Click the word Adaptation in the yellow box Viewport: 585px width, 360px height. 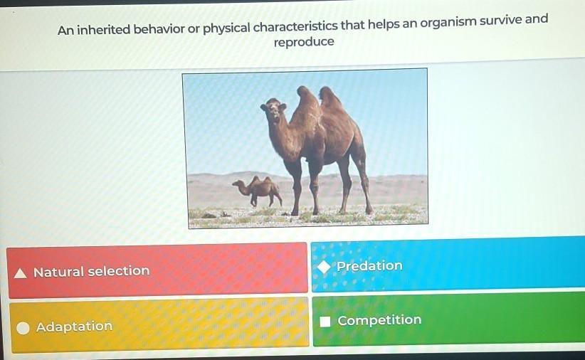(74, 327)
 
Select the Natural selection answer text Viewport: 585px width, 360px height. (91, 271)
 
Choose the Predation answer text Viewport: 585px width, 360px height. (369, 265)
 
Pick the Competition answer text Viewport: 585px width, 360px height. (379, 320)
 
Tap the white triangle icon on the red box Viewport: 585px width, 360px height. (21, 273)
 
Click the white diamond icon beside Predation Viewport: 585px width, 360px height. (325, 267)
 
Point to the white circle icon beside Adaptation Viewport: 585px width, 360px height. (23, 328)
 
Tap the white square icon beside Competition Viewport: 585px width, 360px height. (325, 322)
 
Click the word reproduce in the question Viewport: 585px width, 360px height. (304, 42)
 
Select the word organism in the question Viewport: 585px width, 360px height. (448, 22)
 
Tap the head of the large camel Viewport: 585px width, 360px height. (274, 110)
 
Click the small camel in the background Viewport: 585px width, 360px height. (258, 191)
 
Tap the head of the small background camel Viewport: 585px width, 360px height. (238, 183)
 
